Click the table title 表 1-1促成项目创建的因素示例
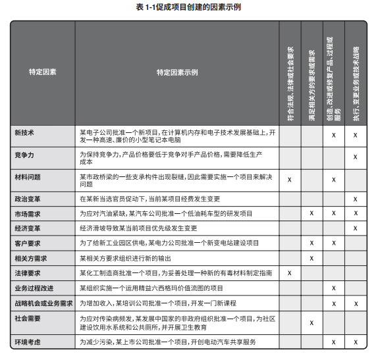(x=190, y=9)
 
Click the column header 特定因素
(x=43, y=72)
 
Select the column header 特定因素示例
(x=177, y=72)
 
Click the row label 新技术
(x=24, y=133)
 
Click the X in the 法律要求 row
(x=290, y=272)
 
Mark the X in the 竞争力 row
(x=356, y=157)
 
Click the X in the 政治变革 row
(x=356, y=199)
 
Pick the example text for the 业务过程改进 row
(x=151, y=288)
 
